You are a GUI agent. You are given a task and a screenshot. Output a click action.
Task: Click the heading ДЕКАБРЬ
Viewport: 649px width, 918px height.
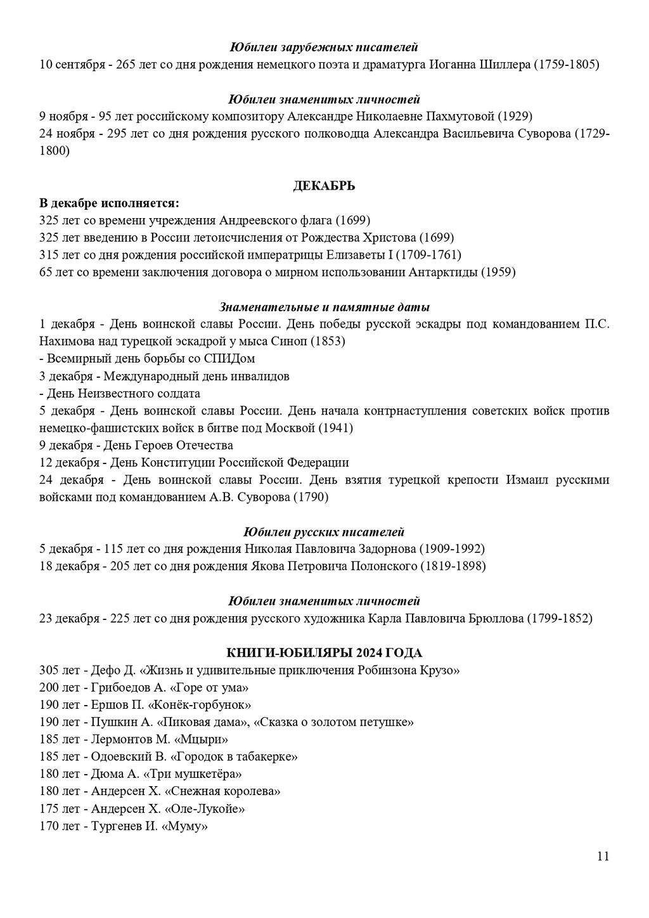click(x=324, y=186)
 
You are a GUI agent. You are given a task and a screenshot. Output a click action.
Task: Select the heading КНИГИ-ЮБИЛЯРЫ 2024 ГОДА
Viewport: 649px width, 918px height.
click(x=324, y=653)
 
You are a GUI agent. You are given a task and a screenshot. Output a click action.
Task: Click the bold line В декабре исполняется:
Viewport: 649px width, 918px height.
click(x=109, y=204)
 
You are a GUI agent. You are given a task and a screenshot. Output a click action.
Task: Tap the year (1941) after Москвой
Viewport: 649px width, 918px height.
click(x=335, y=428)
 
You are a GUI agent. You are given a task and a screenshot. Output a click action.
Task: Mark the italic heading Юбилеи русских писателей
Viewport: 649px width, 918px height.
click(x=324, y=532)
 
